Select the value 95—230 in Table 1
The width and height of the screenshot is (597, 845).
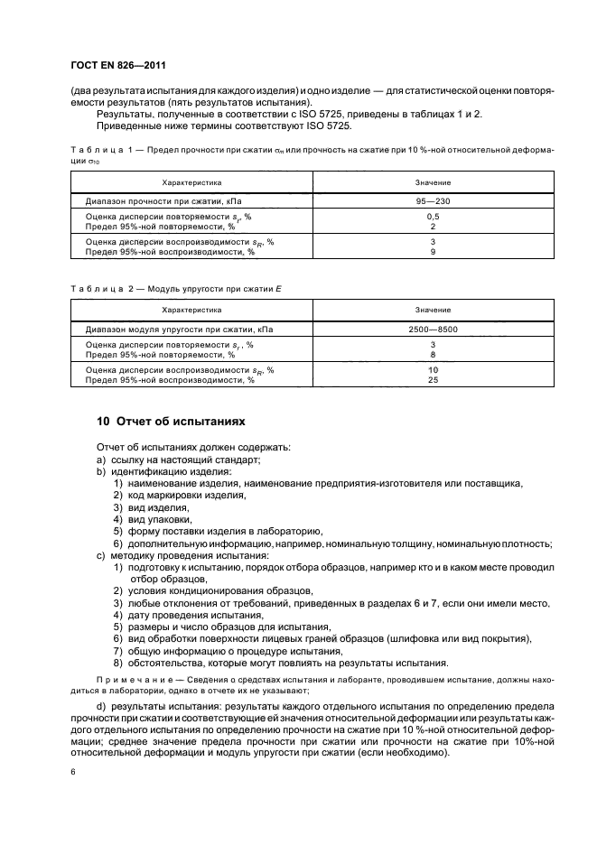(x=433, y=201)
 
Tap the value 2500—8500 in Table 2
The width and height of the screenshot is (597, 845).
(x=433, y=330)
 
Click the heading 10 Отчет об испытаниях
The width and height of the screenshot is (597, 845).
(x=171, y=421)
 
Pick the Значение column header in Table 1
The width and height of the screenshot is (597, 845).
(x=433, y=182)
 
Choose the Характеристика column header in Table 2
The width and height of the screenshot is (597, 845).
(x=191, y=311)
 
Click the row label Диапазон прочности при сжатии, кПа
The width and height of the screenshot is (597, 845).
(x=163, y=201)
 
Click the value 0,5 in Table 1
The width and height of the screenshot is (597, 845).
(x=433, y=218)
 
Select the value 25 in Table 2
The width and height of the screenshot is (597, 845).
(x=433, y=380)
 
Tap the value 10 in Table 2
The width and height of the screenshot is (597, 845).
(x=433, y=370)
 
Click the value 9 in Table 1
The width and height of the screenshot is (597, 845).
(x=433, y=252)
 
